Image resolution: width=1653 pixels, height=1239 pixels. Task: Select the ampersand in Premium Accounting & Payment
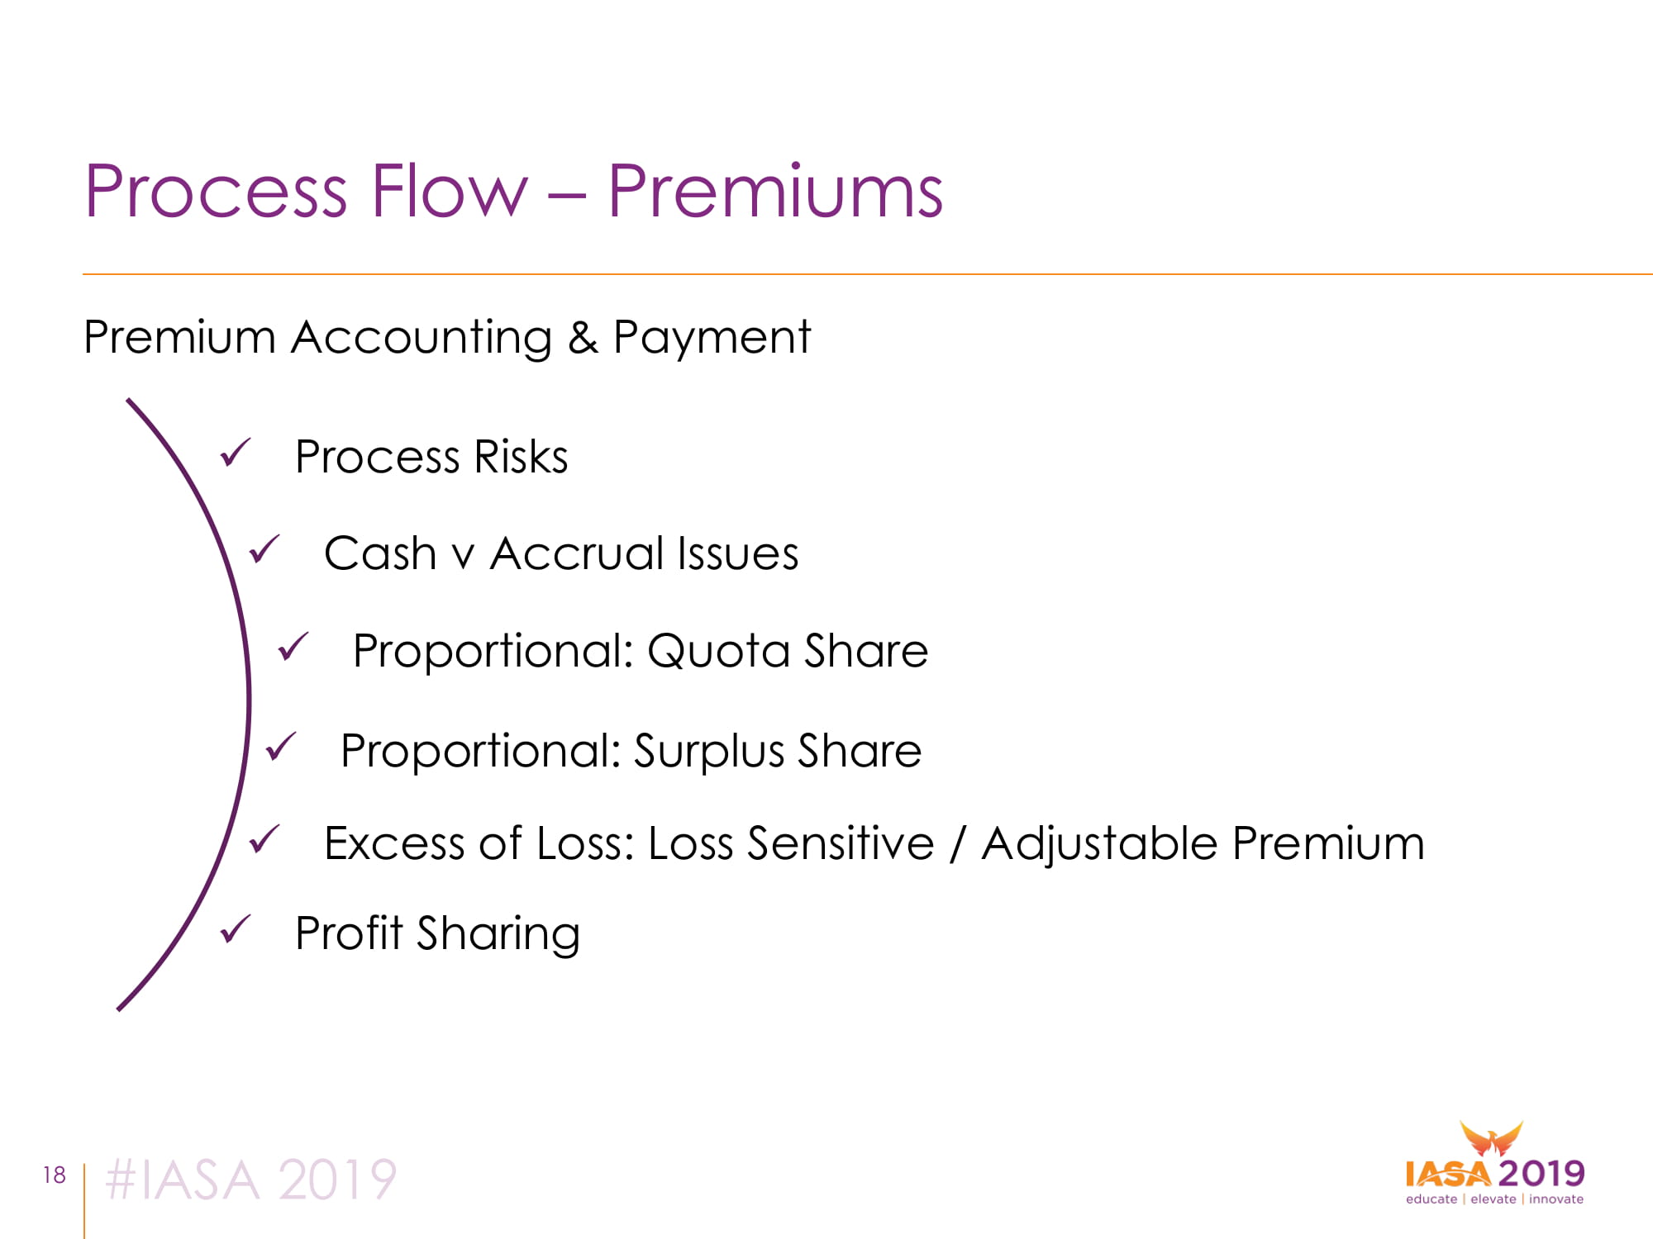583,337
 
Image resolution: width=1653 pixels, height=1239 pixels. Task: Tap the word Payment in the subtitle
712,339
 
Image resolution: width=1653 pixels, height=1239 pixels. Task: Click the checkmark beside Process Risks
235,453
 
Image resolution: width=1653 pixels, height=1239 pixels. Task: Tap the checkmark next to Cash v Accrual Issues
264,549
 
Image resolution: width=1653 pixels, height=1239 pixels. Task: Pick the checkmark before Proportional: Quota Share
293,647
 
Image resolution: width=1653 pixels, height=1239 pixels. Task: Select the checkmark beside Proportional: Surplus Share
280,747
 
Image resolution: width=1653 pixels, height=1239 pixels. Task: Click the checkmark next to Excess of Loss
264,839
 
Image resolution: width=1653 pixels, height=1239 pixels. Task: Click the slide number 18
55,1175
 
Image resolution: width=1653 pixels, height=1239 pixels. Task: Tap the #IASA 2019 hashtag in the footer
251,1180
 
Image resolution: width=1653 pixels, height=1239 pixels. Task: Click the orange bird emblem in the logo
1491,1139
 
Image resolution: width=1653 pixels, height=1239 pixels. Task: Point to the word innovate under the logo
1556,1199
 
